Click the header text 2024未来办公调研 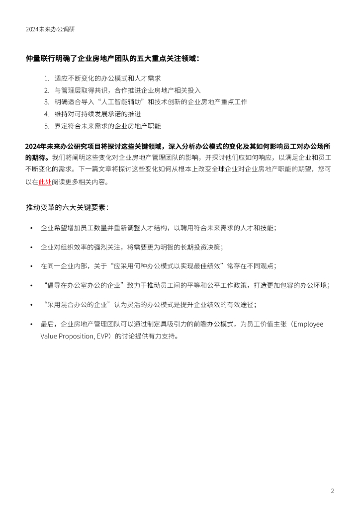point(51,29)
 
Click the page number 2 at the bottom point(332,491)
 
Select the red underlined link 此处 point(45,182)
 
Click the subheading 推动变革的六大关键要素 point(68,207)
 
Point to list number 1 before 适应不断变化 point(46,79)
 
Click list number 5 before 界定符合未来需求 point(46,126)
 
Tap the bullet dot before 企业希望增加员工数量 point(31,228)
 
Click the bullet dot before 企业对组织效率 point(31,247)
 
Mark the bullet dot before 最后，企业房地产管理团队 point(31,324)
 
